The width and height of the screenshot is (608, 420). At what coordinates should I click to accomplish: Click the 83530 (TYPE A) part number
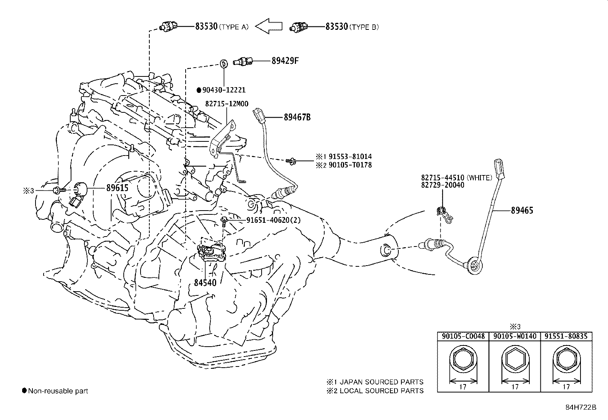coord(206,26)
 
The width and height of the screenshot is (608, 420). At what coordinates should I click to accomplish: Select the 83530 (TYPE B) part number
coord(336,26)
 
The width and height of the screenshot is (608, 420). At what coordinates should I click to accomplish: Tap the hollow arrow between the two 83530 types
coord(268,26)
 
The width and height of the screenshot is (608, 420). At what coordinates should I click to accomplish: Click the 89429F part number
coord(285,60)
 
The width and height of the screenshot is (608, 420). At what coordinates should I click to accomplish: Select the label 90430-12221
coord(224,90)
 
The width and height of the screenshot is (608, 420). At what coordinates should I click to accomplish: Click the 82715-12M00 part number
coord(226,104)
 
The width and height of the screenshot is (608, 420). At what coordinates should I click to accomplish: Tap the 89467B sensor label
coord(297,117)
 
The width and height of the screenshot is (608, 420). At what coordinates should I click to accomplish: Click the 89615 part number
coord(117,188)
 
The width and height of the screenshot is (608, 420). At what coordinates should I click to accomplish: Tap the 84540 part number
coord(205,283)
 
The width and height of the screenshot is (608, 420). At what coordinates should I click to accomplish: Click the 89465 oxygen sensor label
coord(522,210)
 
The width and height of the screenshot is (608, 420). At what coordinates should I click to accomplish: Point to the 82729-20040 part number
coord(443,185)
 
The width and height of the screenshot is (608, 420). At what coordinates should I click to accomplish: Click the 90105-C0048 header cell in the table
coord(463,336)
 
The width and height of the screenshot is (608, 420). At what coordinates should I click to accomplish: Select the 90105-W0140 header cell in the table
coord(514,336)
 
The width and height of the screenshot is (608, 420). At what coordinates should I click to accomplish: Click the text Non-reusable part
coord(58,391)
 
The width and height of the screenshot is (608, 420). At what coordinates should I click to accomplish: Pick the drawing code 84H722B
coord(581,407)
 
